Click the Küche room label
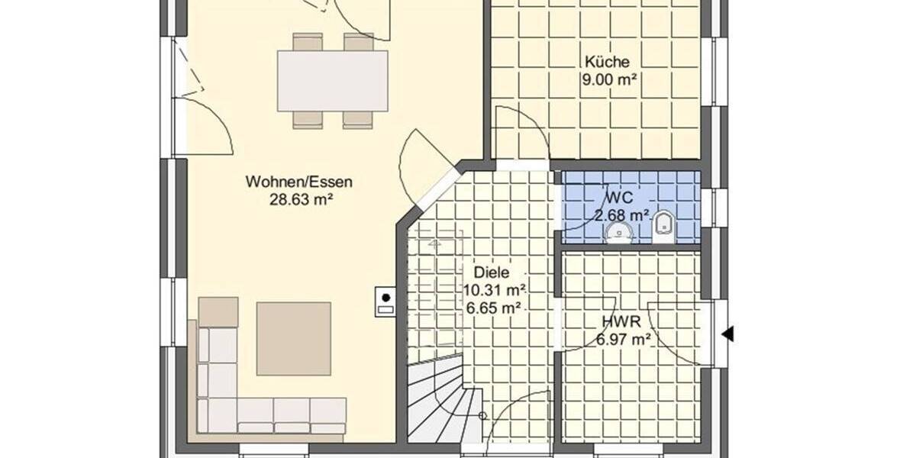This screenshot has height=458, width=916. [x=607, y=62]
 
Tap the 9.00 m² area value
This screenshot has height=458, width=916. [x=609, y=79]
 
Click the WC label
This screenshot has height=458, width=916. [x=614, y=195]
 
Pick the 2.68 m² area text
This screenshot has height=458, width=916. [x=622, y=214]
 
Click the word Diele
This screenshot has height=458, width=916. [x=491, y=273]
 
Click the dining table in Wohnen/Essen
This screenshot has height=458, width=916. [x=332, y=80]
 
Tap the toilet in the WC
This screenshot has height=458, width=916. [x=663, y=227]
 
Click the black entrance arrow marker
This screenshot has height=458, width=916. [x=728, y=334]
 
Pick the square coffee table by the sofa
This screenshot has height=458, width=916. [x=293, y=338]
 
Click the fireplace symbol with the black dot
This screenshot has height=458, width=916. [x=385, y=301]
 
